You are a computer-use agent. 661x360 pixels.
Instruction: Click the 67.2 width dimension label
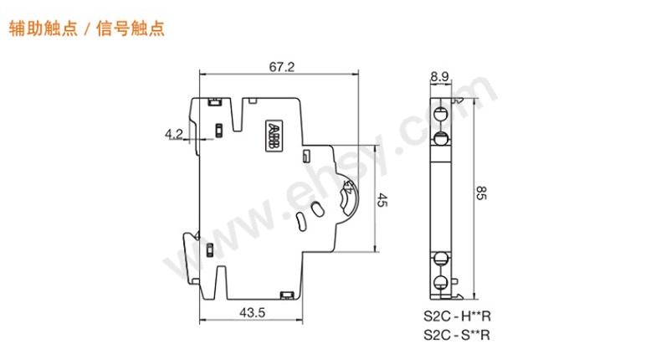[281, 68]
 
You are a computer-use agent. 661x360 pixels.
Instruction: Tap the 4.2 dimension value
[174, 132]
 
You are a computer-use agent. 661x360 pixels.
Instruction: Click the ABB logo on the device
[274, 137]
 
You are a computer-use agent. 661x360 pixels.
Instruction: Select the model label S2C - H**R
[456, 318]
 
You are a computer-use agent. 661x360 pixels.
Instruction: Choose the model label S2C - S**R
[456, 336]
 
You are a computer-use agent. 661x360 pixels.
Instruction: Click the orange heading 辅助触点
[42, 28]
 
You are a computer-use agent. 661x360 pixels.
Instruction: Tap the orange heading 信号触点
[136, 28]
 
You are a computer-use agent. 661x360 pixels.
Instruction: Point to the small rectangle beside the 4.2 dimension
[219, 130]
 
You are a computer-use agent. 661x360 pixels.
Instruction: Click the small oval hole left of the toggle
[315, 209]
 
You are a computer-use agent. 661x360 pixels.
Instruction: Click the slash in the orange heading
[89, 28]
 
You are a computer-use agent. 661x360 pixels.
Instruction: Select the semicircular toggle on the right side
[350, 198]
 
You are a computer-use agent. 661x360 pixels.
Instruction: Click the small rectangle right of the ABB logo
[305, 155]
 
